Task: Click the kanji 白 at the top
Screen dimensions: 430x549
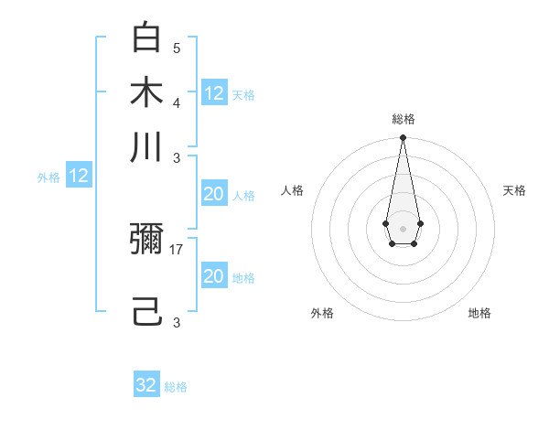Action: click(x=146, y=38)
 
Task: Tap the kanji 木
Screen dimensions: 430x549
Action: click(x=146, y=92)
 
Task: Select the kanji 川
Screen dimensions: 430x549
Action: click(x=146, y=146)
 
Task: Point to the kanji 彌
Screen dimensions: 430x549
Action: click(x=146, y=240)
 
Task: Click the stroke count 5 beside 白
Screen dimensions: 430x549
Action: click(x=177, y=48)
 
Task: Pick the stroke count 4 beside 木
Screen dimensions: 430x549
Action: click(x=177, y=102)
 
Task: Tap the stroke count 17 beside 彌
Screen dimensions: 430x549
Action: click(x=178, y=249)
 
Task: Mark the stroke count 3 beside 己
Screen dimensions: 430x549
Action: click(x=177, y=322)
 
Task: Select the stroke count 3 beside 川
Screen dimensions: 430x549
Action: click(x=177, y=157)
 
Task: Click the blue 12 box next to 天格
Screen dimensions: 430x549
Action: click(x=214, y=92)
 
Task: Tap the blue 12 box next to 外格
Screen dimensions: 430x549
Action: click(x=79, y=177)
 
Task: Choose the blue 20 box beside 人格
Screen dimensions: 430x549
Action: click(x=213, y=194)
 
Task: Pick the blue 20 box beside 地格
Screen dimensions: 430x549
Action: click(x=213, y=276)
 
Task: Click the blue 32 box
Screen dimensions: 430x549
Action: click(x=146, y=385)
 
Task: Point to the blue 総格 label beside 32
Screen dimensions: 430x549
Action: click(x=177, y=387)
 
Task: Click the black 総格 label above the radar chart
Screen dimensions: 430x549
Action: click(x=403, y=119)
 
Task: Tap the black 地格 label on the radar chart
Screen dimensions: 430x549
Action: click(x=479, y=313)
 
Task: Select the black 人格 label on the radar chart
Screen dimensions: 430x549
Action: click(x=293, y=190)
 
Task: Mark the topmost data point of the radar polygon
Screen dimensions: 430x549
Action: click(x=403, y=138)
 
